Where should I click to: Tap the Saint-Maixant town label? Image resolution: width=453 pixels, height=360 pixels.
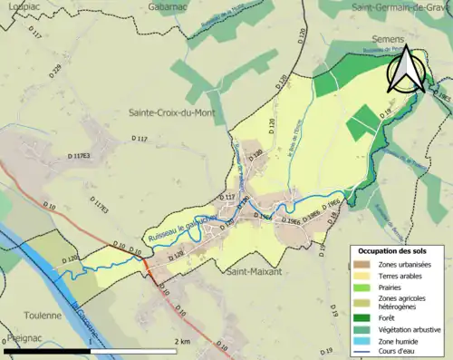[254, 271]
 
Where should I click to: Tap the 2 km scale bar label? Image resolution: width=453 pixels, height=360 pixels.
[184, 341]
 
